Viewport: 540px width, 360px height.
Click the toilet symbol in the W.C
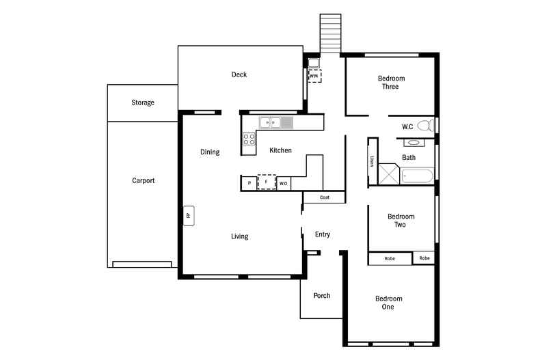pos(426,125)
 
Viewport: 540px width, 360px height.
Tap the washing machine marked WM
pos(314,76)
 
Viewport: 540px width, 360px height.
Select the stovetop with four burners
pos(249,139)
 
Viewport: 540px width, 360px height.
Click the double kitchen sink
pos(270,122)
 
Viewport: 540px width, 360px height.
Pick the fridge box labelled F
pos(267,182)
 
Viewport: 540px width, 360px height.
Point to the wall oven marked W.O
pos(284,184)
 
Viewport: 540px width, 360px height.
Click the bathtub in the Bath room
pos(417,176)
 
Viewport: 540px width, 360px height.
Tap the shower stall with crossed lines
pos(389,174)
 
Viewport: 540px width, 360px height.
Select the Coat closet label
pos(325,197)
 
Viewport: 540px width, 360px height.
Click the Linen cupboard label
pos(372,161)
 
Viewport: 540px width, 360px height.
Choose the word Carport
pos(144,181)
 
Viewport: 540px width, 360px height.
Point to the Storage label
pos(143,102)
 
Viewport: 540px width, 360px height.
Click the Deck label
pos(239,74)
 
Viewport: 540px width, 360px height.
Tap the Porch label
pos(322,296)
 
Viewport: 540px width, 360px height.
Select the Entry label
pos(323,234)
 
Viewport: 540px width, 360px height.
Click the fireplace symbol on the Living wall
pos(189,216)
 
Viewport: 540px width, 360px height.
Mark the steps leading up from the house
pos(331,33)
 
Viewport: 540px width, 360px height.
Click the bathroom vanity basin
pos(414,143)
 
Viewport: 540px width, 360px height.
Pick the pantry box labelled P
pos(249,183)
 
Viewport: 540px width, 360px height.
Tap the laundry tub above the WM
pos(314,63)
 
